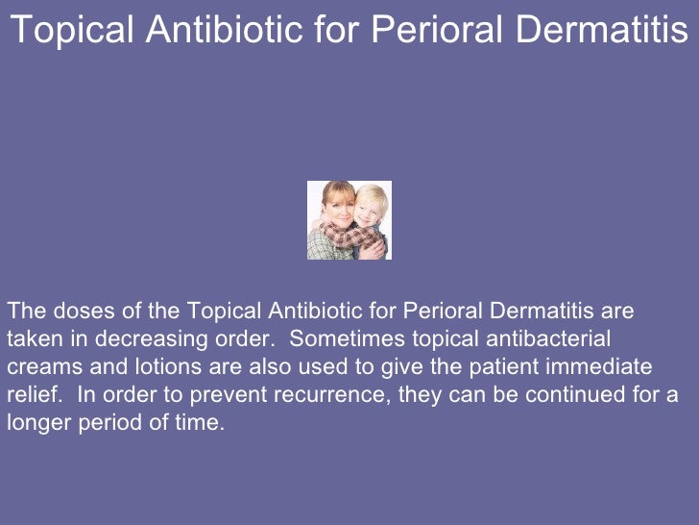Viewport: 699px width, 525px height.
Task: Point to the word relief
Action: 28,395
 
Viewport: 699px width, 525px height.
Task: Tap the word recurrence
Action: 289,395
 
